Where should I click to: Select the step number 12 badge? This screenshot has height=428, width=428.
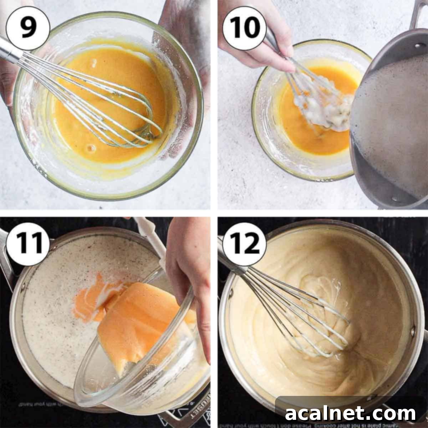(x=244, y=244)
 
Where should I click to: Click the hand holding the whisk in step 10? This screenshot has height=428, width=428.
(x=257, y=50)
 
